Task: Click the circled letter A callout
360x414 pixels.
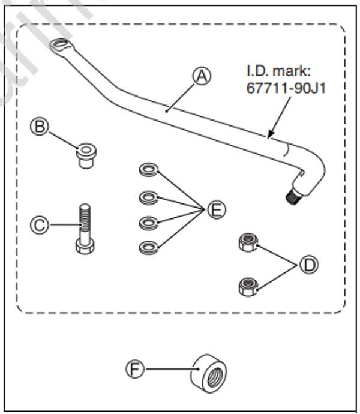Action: coord(202,76)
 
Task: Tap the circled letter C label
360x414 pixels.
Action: coord(39,226)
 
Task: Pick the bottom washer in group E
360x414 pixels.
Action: coord(148,246)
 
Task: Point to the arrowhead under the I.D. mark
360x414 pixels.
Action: coord(272,134)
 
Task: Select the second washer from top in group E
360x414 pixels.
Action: coord(148,197)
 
